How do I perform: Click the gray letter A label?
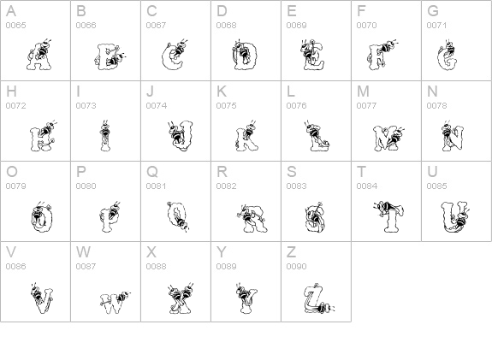click(10, 11)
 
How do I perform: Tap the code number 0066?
click(86, 26)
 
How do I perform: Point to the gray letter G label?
click(433, 11)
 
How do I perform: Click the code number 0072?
click(15, 106)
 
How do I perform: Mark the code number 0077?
click(366, 106)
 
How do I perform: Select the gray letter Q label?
click(151, 172)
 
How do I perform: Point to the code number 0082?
click(226, 186)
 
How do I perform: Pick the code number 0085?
click(436, 186)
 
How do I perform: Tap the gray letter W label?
click(83, 252)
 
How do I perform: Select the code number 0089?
click(226, 267)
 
